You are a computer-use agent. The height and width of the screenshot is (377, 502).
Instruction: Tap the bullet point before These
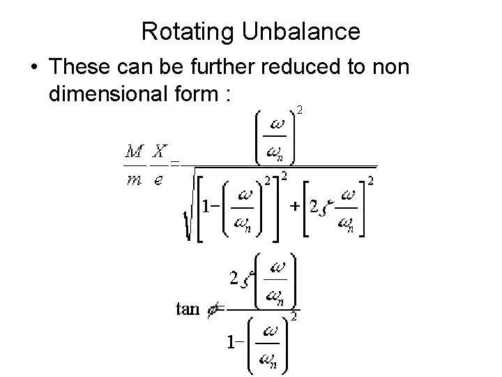tap(34, 69)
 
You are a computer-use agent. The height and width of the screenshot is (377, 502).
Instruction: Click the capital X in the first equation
tap(160, 151)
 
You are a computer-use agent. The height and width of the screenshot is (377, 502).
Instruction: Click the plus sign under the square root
tap(295, 207)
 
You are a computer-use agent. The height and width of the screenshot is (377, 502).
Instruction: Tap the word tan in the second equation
tap(187, 308)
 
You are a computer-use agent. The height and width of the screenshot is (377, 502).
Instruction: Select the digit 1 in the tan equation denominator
tap(229, 343)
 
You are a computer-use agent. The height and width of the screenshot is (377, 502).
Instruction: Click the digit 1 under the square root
tap(207, 207)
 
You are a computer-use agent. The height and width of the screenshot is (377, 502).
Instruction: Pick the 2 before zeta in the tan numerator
tap(234, 279)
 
